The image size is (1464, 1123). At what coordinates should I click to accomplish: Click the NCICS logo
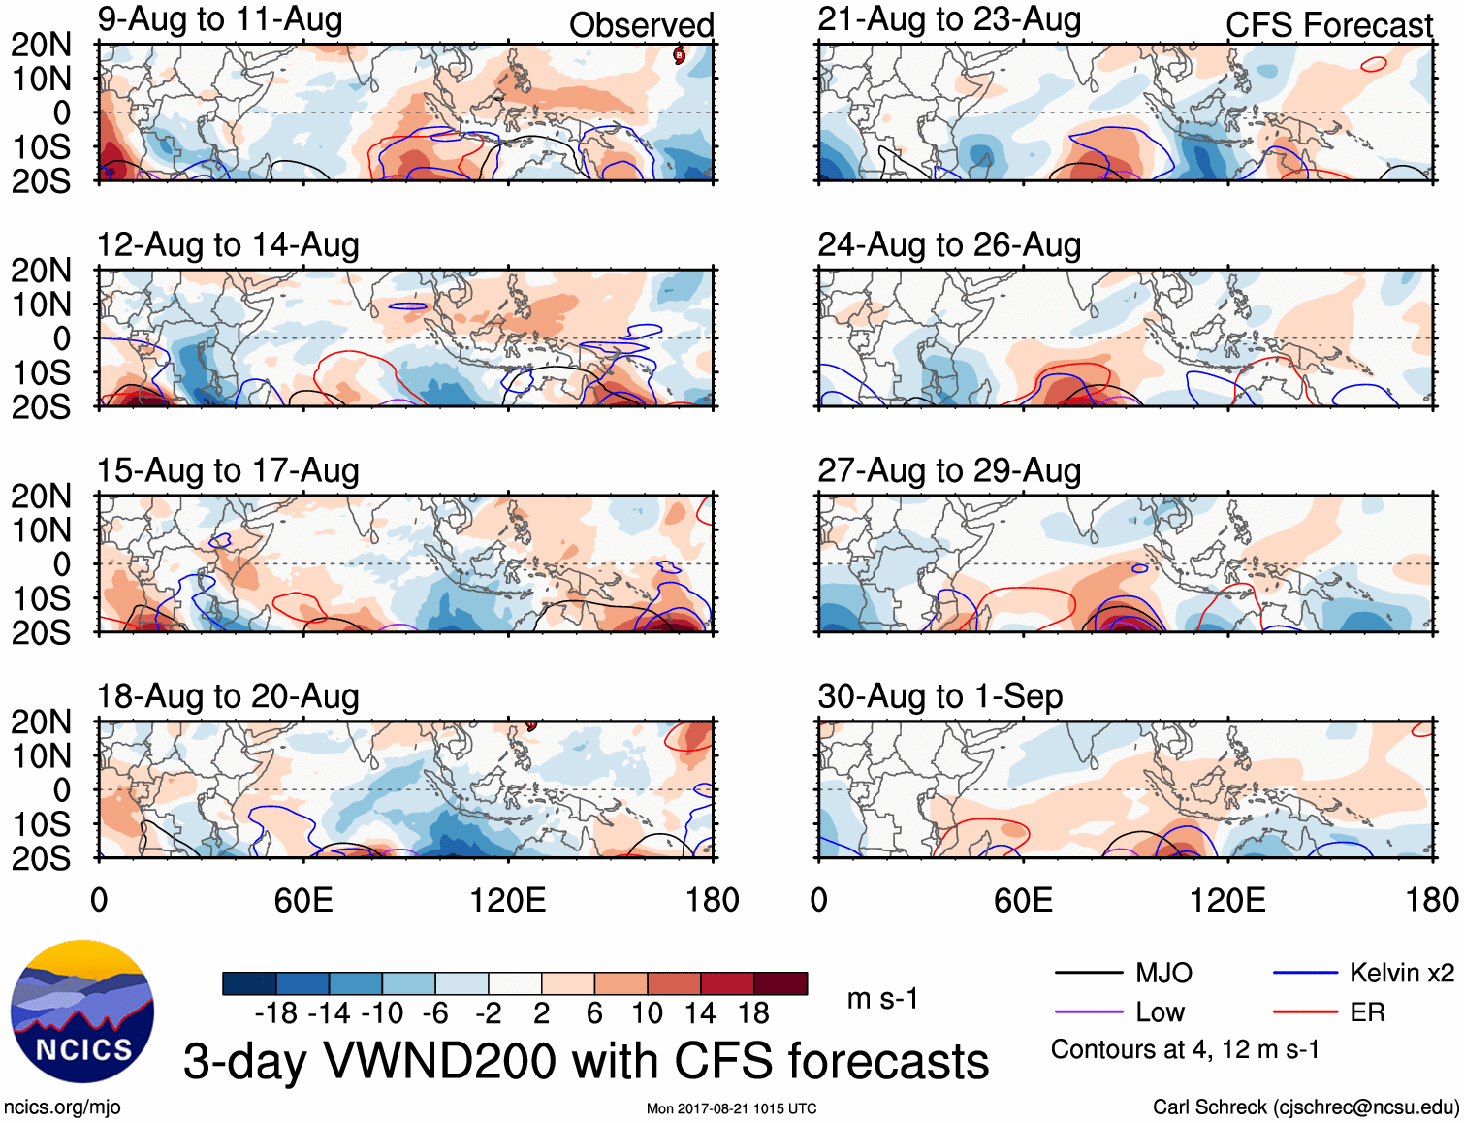tap(82, 1011)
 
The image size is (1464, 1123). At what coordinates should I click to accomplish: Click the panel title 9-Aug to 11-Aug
tap(220, 19)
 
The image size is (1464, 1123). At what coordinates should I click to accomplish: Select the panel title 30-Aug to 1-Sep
tap(939, 696)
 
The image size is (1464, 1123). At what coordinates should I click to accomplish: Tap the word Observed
tap(641, 25)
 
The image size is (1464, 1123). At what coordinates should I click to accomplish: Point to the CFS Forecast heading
tap(1328, 25)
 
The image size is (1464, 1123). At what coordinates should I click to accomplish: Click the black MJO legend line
tap(1088, 973)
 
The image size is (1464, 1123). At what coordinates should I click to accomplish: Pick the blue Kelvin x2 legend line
tap(1305, 973)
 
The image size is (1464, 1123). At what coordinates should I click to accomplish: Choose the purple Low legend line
tap(1088, 1012)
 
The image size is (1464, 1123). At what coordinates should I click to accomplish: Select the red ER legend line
tap(1305, 1012)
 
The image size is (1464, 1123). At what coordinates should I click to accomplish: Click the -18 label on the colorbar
tap(276, 1013)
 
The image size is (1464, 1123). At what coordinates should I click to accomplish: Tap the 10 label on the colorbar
tap(647, 1013)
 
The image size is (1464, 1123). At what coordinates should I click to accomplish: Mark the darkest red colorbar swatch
tap(780, 983)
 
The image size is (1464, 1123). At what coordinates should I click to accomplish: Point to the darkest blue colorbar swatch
tap(249, 983)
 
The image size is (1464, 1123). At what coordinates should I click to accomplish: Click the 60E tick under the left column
tap(303, 900)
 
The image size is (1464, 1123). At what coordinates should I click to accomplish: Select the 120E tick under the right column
tap(1227, 900)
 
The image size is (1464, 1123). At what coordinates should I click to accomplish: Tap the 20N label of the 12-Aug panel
tap(42, 271)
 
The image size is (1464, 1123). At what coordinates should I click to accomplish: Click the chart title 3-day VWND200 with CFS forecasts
tap(586, 1061)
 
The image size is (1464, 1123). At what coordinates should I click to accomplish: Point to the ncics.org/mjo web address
tap(62, 1107)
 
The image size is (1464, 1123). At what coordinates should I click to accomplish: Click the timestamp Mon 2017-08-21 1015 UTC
tap(731, 1108)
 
